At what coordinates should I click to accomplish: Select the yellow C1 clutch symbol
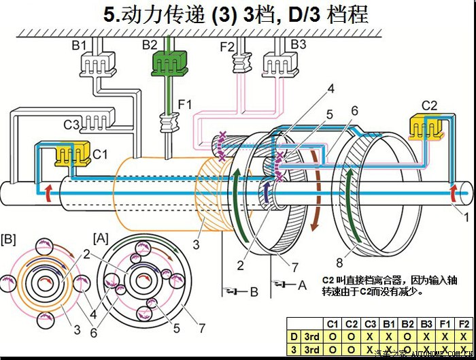pos(71,155)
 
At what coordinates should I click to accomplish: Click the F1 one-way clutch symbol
pos(167,125)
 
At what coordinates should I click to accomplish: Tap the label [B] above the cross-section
pos(9,240)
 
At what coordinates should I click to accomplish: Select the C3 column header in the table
pos(369,325)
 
